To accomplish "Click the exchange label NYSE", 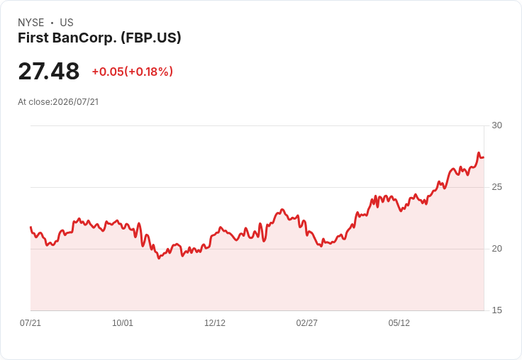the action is pyautogui.click(x=31, y=23).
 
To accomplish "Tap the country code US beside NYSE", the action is pyautogui.click(x=67, y=23).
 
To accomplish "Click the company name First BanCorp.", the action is pyautogui.click(x=67, y=38).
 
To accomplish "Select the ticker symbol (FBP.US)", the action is pyautogui.click(x=151, y=38).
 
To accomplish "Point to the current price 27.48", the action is pyautogui.click(x=49, y=71).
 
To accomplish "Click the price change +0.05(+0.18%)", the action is pyautogui.click(x=132, y=72).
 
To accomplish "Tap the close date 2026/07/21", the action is pyautogui.click(x=76, y=102).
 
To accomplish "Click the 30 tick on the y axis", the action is pyautogui.click(x=496, y=125).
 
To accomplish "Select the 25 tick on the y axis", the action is pyautogui.click(x=496, y=187).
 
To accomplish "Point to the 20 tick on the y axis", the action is pyautogui.click(x=496, y=249).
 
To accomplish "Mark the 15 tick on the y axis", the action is pyautogui.click(x=496, y=310).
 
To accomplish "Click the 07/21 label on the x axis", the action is pyautogui.click(x=30, y=323).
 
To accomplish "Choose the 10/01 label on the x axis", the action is pyautogui.click(x=123, y=323).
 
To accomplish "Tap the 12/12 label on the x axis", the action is pyautogui.click(x=215, y=323).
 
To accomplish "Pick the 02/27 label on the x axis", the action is pyautogui.click(x=306, y=323).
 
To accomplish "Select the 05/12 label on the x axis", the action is pyautogui.click(x=399, y=323).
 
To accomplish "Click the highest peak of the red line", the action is pyautogui.click(x=479, y=153).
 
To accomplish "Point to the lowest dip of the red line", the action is pyautogui.click(x=159, y=258).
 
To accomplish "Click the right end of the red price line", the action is pyautogui.click(x=484, y=157).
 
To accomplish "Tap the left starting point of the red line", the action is pyautogui.click(x=30, y=227).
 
